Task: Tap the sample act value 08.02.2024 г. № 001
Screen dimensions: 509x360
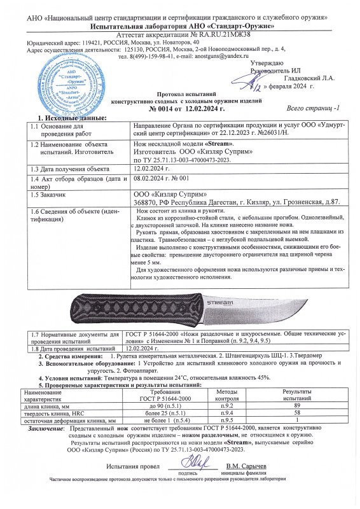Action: pyautogui.click(x=160, y=180)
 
